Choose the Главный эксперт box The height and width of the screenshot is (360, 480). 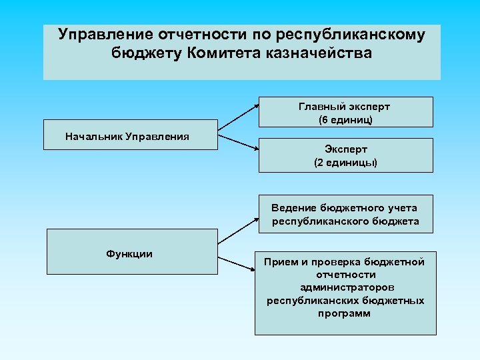345,112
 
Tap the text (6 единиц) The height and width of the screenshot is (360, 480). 345,121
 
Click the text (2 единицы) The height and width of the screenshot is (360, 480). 345,163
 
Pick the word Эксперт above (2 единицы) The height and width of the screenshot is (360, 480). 346,149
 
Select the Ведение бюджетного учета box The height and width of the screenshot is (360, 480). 345,214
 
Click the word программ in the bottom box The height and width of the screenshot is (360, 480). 345,313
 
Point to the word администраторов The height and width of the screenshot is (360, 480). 345,287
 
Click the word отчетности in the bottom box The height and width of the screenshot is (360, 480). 345,275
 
